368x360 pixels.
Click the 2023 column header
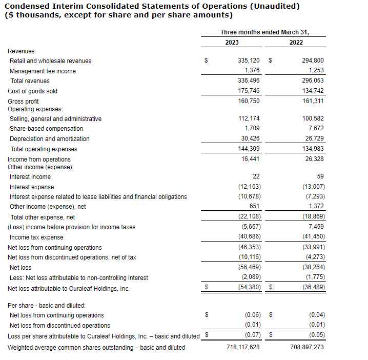(232, 43)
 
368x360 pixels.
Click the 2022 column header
(296, 43)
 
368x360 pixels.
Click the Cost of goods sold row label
(32, 91)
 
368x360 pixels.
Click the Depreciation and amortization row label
(49, 139)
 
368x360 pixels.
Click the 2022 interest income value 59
(320, 176)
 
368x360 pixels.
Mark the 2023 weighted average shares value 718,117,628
(243, 347)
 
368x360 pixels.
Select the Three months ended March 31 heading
(264, 32)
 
